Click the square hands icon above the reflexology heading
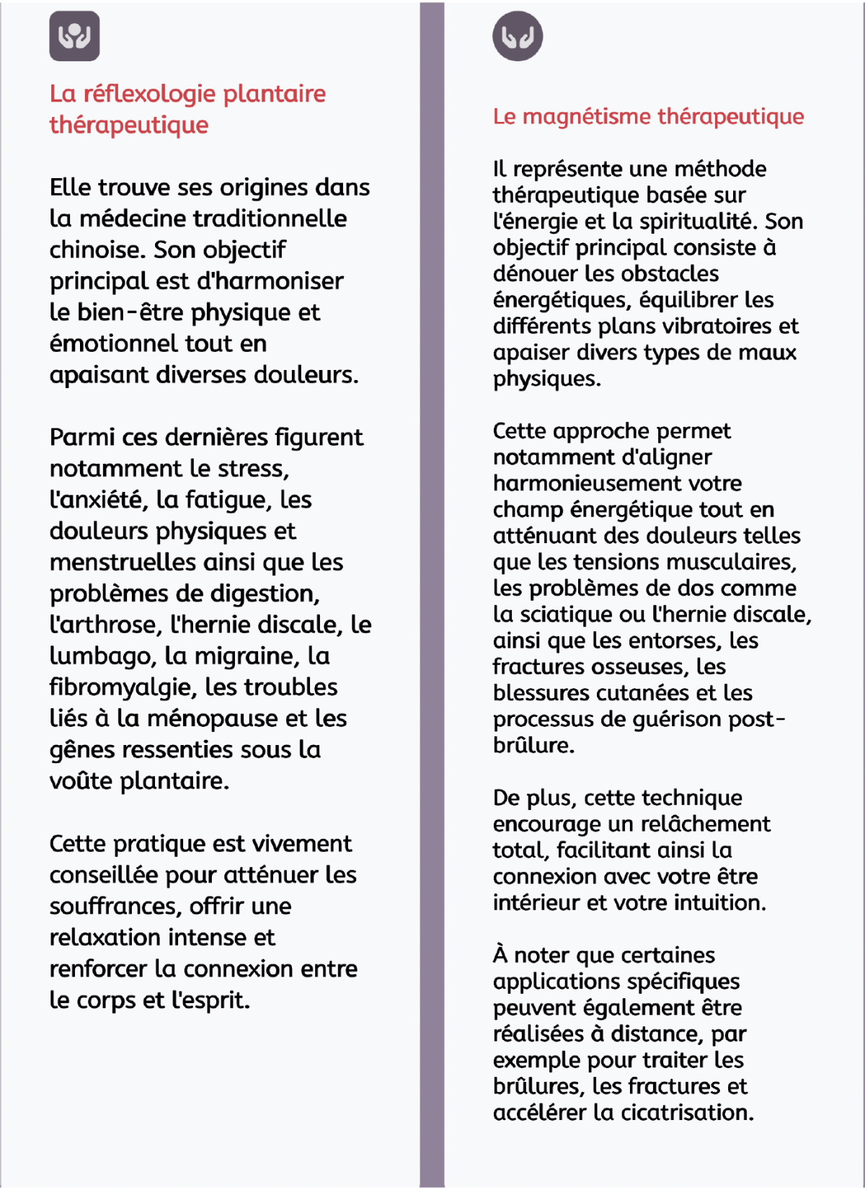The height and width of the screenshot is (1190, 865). (x=74, y=36)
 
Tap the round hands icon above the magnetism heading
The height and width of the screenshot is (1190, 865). (x=518, y=36)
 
